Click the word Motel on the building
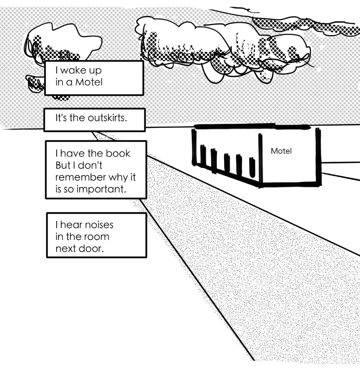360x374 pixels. pos(281,151)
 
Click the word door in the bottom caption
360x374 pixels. pos(92,248)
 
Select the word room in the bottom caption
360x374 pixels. pos(96,236)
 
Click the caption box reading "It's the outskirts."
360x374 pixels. pos(94,119)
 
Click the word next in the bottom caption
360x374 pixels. pos(66,248)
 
